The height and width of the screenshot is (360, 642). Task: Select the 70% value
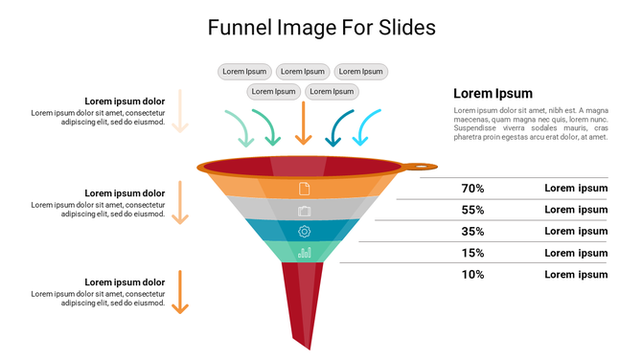coord(472,189)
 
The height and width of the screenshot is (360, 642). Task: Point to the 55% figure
coord(472,211)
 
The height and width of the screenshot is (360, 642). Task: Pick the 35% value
coord(472,232)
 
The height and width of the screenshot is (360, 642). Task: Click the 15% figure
coord(472,253)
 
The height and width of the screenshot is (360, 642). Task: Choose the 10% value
coord(472,275)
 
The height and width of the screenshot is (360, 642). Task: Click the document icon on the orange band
coord(305,189)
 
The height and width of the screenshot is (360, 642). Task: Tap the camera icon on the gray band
coord(305,211)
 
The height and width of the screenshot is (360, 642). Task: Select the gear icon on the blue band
coord(305,232)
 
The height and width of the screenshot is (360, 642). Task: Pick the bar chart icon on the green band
coord(305,253)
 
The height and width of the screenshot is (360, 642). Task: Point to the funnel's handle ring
coord(420,168)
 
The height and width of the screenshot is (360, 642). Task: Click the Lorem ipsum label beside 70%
coord(576,189)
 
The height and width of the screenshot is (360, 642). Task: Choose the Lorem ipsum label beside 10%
coord(576,275)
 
